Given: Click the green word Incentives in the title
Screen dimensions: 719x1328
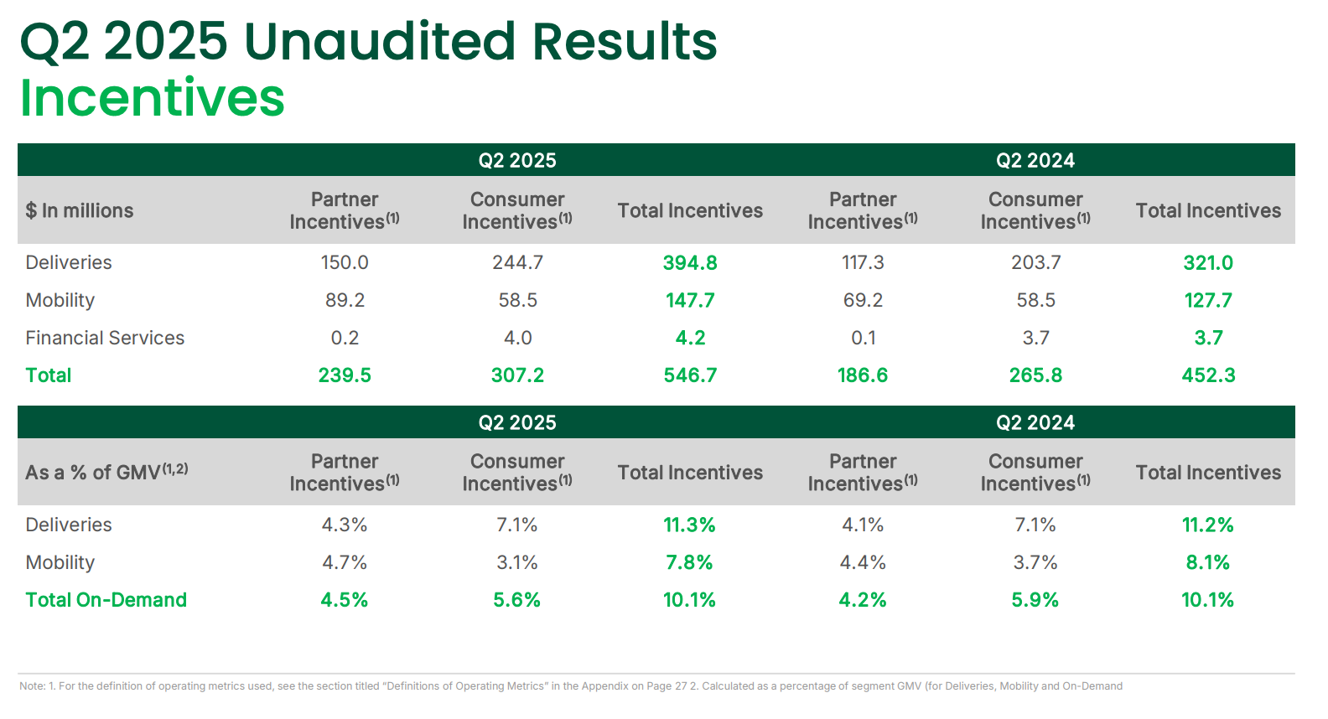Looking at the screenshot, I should (152, 98).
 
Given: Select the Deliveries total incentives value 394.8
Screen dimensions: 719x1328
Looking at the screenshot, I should (689, 263).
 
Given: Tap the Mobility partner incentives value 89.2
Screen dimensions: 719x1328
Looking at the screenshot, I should (345, 301).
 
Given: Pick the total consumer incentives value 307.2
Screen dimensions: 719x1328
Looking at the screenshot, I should (517, 375).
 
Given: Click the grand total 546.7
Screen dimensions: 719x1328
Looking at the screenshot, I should (689, 375).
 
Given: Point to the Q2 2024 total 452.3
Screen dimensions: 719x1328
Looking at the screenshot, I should (1207, 375).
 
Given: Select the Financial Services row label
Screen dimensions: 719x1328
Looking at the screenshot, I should (105, 338).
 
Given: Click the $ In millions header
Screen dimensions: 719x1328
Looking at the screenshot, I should (80, 211).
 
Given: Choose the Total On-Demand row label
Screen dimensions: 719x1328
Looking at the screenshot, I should (106, 600).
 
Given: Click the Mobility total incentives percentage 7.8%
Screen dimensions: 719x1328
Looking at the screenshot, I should (688, 563).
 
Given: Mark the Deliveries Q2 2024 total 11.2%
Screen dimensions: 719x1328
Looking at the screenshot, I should (1207, 525).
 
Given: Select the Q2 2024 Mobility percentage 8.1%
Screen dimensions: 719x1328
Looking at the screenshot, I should (1207, 563).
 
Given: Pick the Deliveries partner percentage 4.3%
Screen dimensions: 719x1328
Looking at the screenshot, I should (345, 525).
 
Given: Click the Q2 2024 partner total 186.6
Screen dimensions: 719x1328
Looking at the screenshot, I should (862, 375).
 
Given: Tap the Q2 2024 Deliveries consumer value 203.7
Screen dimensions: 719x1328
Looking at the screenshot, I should (1035, 263).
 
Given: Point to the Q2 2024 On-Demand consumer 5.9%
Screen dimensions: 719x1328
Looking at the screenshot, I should (1035, 600).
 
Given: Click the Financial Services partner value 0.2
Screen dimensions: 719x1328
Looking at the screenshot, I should (345, 338).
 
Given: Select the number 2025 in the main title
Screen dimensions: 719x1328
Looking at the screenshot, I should (165, 41).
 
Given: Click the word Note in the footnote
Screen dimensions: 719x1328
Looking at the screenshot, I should (32, 686).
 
